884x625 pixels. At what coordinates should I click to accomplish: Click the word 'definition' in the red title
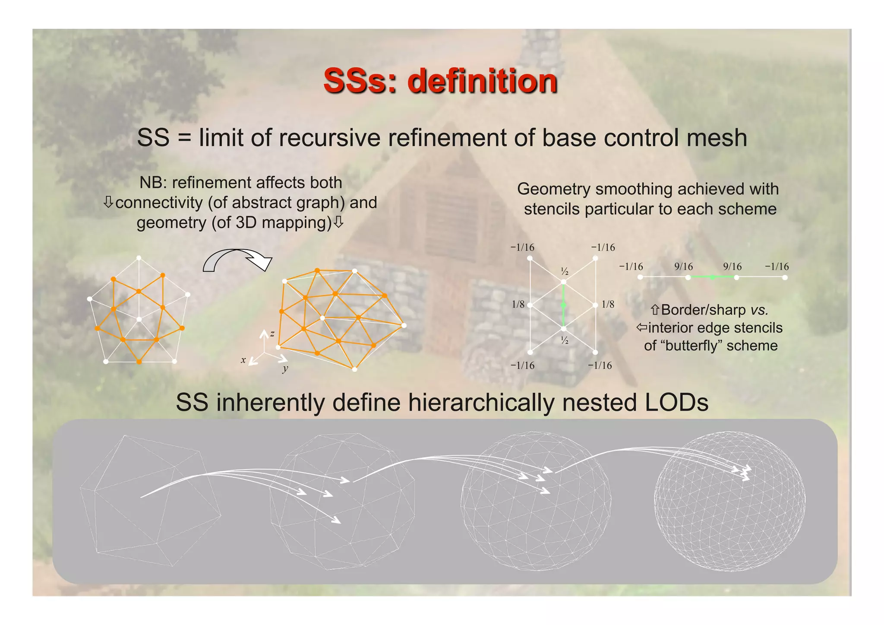click(482, 81)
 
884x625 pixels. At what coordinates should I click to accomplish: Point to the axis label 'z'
click(272, 333)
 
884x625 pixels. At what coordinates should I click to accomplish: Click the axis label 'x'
click(243, 360)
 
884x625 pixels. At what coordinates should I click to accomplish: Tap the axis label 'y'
click(285, 368)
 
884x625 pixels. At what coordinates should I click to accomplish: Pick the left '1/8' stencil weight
click(518, 305)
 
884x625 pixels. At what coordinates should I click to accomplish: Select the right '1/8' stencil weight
click(608, 305)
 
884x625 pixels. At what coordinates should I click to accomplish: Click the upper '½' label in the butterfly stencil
click(565, 272)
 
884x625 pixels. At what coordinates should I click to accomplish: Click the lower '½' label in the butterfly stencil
click(565, 341)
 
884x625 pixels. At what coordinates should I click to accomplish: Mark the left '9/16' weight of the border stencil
click(684, 266)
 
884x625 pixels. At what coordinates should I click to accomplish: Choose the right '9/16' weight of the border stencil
click(732, 266)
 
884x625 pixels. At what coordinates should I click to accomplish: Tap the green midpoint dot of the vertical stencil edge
click(563, 305)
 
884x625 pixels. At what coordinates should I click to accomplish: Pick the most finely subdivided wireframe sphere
click(729, 501)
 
